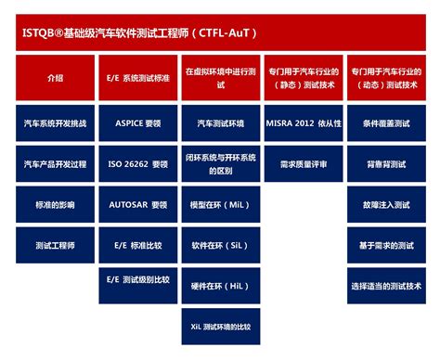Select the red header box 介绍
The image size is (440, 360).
(55, 79)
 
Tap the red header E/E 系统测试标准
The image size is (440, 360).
(137, 79)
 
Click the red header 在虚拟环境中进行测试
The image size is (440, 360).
(219, 79)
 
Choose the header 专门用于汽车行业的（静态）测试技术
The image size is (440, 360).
(303, 79)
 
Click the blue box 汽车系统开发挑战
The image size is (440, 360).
(55, 122)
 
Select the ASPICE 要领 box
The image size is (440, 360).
(137, 122)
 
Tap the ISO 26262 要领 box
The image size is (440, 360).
(137, 163)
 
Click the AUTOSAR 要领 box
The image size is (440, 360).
(137, 204)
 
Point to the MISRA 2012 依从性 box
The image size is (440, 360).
(303, 122)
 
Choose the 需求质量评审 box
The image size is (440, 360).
(303, 163)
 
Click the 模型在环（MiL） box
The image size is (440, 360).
(219, 204)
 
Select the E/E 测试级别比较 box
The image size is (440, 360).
(137, 278)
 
